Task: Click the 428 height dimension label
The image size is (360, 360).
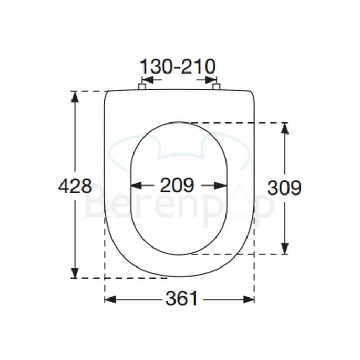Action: [75, 186]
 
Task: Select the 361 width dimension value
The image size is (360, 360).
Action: [182, 299]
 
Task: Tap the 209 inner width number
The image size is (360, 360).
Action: [177, 185]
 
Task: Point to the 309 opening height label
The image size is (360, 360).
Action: [284, 187]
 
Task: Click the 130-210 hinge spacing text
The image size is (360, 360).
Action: [177, 67]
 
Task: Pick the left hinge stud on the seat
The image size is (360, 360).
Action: [141, 86]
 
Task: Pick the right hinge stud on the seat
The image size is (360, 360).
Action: [216, 86]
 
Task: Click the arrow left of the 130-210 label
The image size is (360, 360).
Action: [147, 80]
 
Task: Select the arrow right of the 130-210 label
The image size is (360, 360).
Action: [210, 80]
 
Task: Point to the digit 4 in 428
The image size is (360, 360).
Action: [64, 186]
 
